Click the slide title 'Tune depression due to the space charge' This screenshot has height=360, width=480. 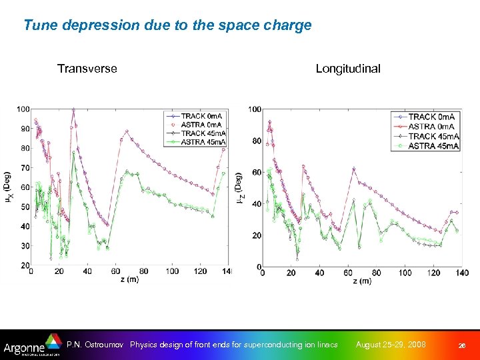[167, 26]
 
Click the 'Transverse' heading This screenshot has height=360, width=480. [87, 69]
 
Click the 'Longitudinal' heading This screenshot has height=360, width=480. [348, 69]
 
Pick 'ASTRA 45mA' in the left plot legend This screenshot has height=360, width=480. [203, 142]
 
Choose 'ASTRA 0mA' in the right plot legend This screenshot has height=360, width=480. [431, 127]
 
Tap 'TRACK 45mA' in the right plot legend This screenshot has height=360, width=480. [431, 136]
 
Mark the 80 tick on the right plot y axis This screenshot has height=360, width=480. [254, 141]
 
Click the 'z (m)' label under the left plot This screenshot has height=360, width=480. [128, 280]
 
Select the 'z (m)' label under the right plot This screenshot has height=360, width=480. [361, 281]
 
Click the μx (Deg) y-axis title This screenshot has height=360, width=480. [7, 189]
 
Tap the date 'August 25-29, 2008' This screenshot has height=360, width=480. [391, 345]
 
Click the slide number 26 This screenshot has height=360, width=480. [461, 345]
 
